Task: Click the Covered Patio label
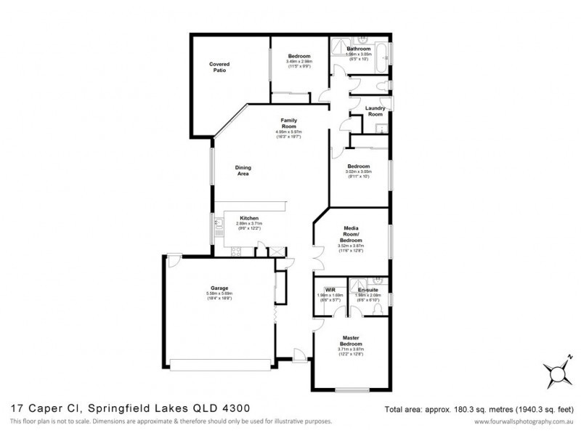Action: coord(219,68)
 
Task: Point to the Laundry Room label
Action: coord(375,111)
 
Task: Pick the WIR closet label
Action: coord(328,289)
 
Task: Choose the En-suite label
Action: coord(358,289)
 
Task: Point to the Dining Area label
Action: coord(243,171)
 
